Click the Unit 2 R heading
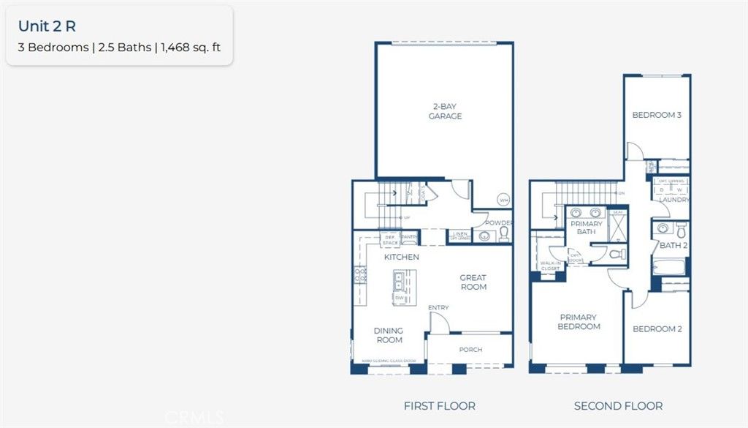tap(47, 26)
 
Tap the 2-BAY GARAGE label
tap(446, 111)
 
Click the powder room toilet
tap(503, 234)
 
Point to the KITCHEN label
tap(402, 257)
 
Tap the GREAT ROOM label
tap(473, 282)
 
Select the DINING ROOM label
tap(389, 335)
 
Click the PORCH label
tap(470, 350)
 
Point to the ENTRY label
tap(438, 307)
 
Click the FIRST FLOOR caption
tap(439, 405)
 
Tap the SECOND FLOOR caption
tap(618, 405)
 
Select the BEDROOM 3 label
tap(657, 115)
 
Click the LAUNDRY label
tap(672, 200)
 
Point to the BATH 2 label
tap(673, 246)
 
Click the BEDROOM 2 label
tap(657, 329)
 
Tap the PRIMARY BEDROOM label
tap(579, 322)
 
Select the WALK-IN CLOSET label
tap(550, 266)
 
